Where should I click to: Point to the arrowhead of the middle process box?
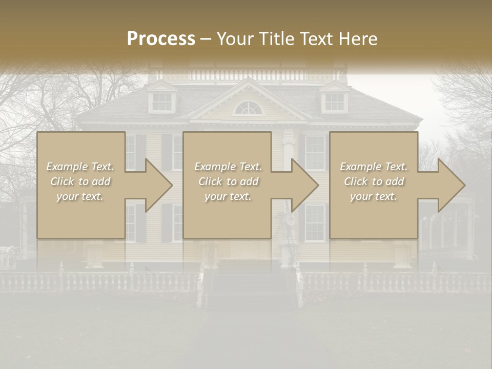303,185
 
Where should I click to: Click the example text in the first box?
80,181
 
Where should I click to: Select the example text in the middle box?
228,181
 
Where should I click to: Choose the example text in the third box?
373,181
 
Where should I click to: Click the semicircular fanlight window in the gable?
248,108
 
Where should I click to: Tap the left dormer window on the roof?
162,101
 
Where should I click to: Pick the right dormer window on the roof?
334,101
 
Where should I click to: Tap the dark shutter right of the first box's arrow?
167,152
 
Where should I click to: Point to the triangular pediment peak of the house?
248,82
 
